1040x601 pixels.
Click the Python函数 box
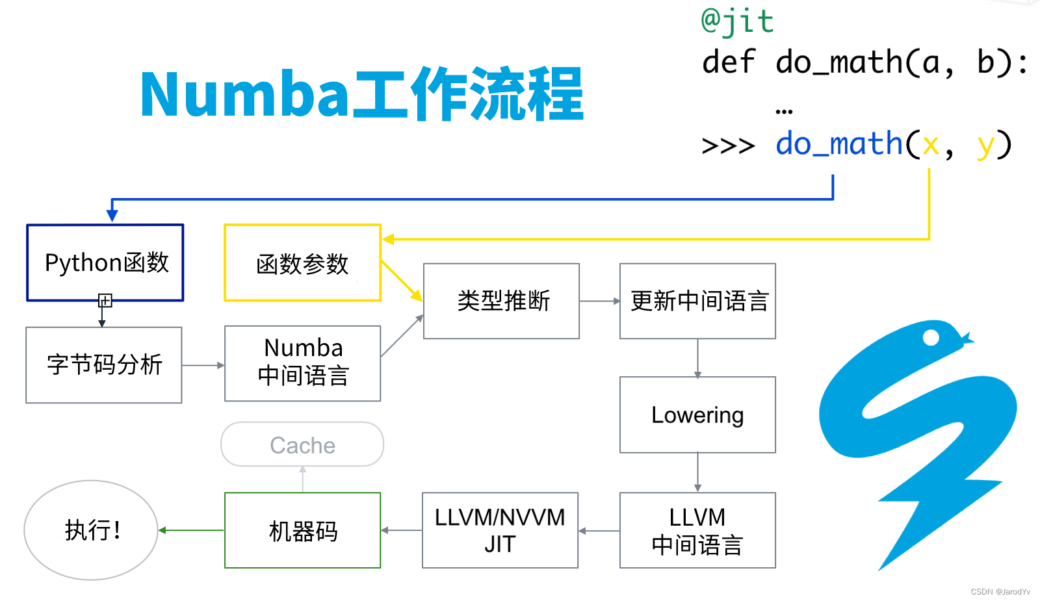(x=105, y=262)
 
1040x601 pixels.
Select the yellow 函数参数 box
(x=302, y=263)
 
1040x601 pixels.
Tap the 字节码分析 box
(x=104, y=365)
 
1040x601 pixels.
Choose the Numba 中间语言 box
(x=302, y=363)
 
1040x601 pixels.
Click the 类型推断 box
(x=501, y=301)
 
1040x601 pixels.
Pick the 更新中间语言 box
(x=697, y=301)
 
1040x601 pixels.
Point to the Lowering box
(x=697, y=415)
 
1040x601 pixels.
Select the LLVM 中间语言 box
(x=697, y=530)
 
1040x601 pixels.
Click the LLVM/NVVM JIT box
(x=500, y=530)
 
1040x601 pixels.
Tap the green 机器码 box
(x=302, y=530)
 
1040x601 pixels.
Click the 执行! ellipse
(x=91, y=530)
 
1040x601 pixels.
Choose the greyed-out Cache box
(x=302, y=444)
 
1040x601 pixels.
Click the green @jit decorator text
(x=737, y=21)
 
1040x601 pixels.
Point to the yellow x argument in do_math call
(x=931, y=144)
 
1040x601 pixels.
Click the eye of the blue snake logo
(x=931, y=337)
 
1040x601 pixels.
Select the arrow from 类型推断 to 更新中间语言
(x=599, y=301)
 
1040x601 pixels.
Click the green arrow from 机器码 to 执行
(x=191, y=530)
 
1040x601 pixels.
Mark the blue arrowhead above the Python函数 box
(x=112, y=214)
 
